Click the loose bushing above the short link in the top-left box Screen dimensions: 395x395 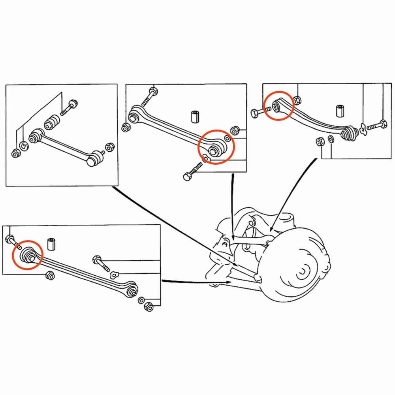click(x=51, y=123)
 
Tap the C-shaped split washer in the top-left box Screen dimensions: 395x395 click(x=24, y=146)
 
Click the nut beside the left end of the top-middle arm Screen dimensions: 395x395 click(x=125, y=128)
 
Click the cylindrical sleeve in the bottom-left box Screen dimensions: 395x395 click(x=51, y=243)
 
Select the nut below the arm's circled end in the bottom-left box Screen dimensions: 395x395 click(x=50, y=275)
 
